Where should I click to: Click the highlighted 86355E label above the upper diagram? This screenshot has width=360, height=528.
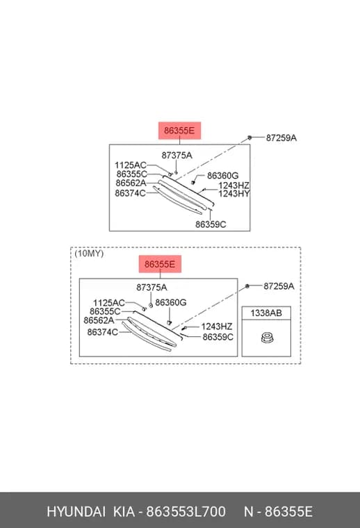(x=179, y=131)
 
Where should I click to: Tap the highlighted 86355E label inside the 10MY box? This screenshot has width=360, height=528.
(x=160, y=264)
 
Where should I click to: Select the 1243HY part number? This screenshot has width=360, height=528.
(x=234, y=194)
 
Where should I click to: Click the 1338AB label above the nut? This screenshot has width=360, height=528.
(x=266, y=313)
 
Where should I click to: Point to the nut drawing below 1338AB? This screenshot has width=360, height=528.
(x=267, y=338)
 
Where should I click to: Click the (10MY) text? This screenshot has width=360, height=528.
(x=89, y=253)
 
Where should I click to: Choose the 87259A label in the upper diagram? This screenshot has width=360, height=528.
(x=281, y=138)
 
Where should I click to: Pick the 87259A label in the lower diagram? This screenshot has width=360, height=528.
(x=279, y=286)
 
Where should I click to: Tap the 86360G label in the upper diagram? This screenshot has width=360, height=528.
(x=222, y=176)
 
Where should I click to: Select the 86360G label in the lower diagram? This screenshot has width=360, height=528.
(x=171, y=302)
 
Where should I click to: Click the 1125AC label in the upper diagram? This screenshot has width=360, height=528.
(x=131, y=165)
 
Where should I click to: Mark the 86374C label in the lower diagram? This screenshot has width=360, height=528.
(x=102, y=332)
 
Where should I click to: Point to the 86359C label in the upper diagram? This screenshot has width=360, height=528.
(x=211, y=224)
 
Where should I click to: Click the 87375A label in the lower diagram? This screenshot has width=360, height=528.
(x=152, y=287)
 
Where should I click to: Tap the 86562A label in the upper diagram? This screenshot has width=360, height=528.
(x=131, y=183)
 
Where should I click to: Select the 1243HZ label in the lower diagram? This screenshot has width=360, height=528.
(x=217, y=327)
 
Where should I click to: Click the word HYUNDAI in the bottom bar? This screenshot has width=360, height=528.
(x=76, y=511)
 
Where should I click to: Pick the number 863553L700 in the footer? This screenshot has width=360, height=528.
(x=186, y=511)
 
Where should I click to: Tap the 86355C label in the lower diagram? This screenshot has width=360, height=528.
(x=105, y=311)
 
